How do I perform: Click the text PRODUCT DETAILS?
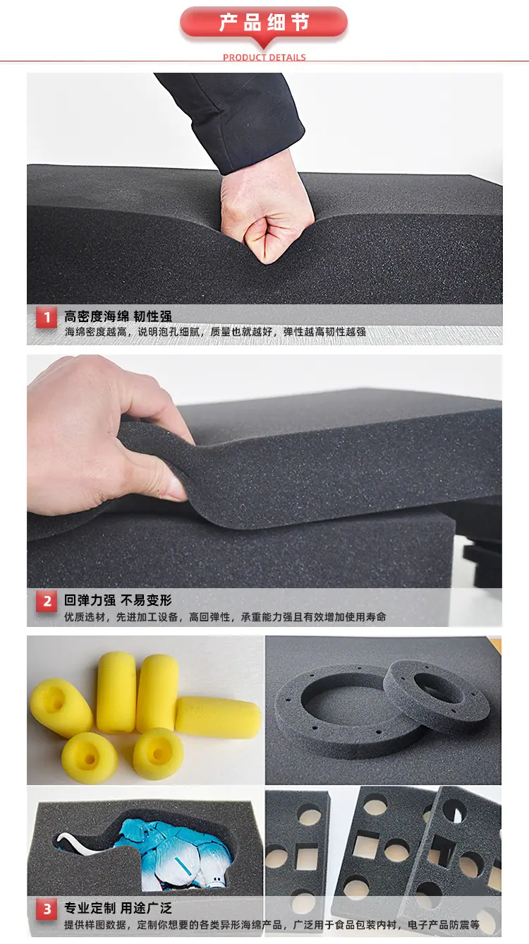coord(264,58)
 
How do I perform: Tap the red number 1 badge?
coord(47,317)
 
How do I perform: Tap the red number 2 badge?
coord(47,602)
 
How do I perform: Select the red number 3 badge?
coord(47,909)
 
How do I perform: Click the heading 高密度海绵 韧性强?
coord(118,316)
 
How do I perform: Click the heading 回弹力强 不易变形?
coord(118,600)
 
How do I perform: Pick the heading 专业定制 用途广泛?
coord(118,908)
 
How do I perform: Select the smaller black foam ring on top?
coord(437,693)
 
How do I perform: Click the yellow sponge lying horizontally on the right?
coord(217,717)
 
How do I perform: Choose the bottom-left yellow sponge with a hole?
coord(89,758)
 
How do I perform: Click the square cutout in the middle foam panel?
coord(365,844)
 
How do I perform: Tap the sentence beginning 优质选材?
coord(225,617)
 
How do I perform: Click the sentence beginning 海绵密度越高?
coord(215,332)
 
